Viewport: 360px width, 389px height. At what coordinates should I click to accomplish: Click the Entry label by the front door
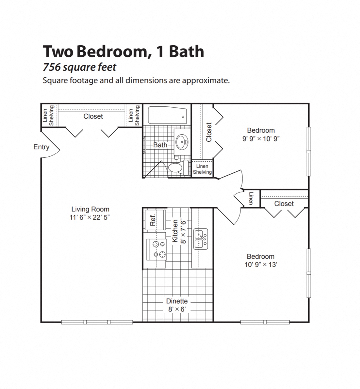41,147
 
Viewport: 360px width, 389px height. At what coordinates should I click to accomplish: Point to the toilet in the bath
177,167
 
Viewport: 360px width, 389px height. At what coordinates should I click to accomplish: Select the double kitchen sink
201,239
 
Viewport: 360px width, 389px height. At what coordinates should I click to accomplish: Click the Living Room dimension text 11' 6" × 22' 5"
90,218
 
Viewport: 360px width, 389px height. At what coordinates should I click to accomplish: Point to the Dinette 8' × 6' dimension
177,309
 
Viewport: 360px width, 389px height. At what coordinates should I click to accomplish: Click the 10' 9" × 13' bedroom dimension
260,265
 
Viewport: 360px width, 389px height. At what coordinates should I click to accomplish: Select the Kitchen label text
175,231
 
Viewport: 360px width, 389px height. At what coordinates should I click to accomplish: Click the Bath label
160,145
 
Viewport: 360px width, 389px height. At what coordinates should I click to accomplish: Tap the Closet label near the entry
93,116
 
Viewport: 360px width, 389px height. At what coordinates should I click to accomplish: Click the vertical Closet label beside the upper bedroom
209,132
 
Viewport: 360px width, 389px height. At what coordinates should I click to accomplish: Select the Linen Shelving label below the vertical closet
202,169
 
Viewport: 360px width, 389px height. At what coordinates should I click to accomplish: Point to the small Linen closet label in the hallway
251,198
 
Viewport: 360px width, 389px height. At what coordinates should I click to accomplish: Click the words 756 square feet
80,67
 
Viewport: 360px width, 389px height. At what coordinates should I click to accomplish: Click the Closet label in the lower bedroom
284,204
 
